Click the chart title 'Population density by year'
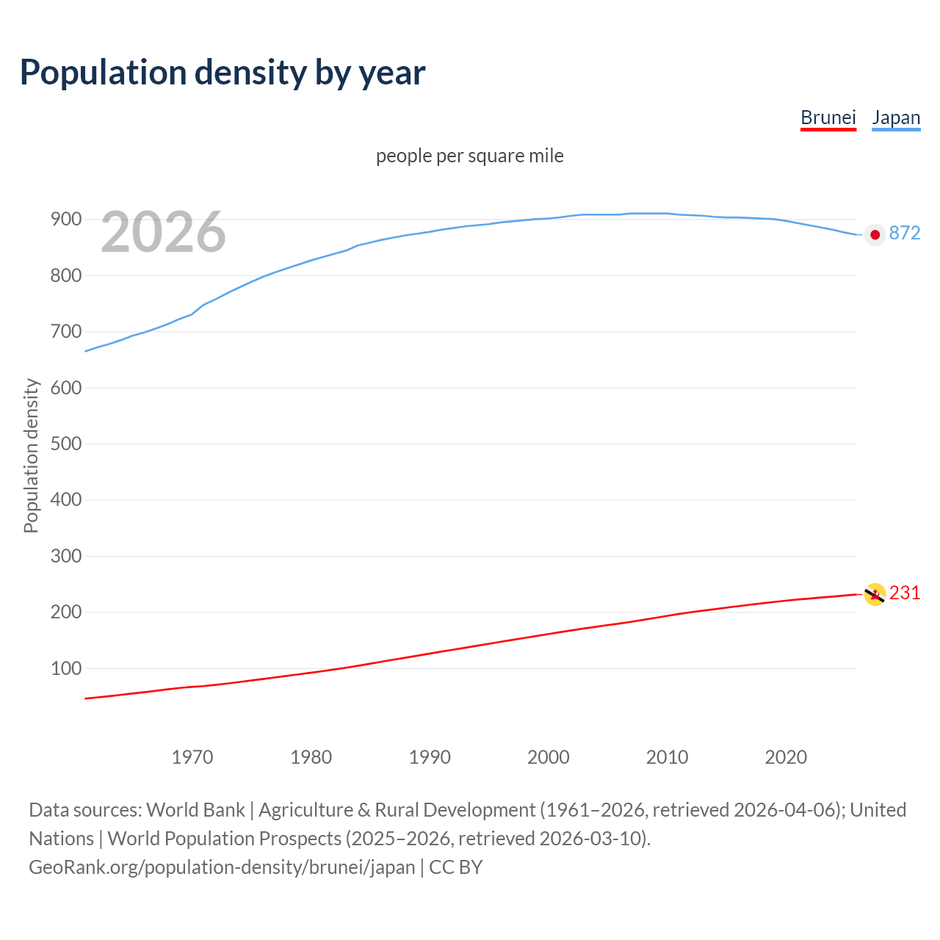pos(223,72)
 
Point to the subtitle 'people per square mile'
pos(469,156)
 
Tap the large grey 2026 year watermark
pos(163,232)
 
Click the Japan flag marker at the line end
pos(874,234)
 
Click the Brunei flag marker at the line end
pos(874,594)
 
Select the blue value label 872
pos(904,233)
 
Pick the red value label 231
pos(904,593)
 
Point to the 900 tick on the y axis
pos(65,220)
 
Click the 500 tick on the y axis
pos(65,444)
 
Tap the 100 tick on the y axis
pos(65,668)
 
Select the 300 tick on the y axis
pos(65,556)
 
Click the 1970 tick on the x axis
pos(192,757)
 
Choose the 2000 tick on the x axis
pos(548,757)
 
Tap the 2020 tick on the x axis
pos(786,757)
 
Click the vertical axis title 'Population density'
pos(31,455)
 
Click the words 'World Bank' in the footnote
pos(195,810)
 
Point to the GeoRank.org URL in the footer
pos(222,867)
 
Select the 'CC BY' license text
pos(455,867)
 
